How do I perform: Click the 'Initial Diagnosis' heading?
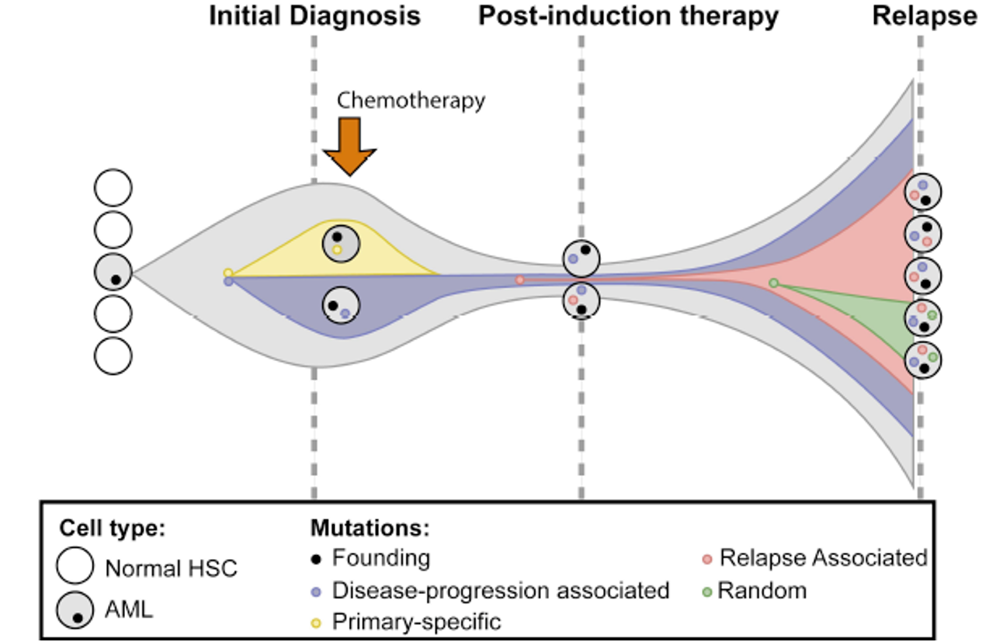tap(314, 16)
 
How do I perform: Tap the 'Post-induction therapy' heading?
tap(628, 16)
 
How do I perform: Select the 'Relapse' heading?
tap(925, 16)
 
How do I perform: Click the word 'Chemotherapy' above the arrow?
tap(411, 100)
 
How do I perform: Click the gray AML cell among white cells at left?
tap(113, 272)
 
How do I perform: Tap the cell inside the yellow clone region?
tap(341, 243)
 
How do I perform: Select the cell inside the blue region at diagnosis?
tap(341, 304)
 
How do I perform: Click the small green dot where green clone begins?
tap(773, 283)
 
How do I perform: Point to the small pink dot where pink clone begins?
tap(519, 279)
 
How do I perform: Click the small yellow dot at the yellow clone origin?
tap(227, 272)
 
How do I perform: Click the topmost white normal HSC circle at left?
tap(113, 188)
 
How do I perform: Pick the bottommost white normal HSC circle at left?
tap(113, 356)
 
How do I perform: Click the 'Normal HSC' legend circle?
tap(75, 568)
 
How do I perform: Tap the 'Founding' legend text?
tap(380, 558)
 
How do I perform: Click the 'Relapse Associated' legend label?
tap(823, 558)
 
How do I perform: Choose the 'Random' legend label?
tap(762, 591)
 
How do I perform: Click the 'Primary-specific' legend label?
tap(416, 622)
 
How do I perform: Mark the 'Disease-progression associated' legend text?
tap(501, 591)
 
